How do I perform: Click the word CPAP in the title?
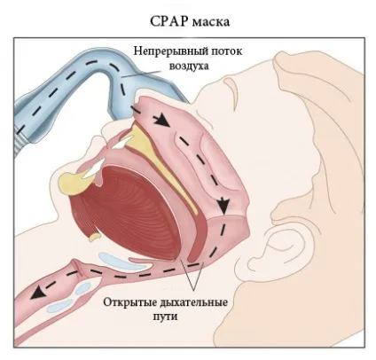[x=168, y=21]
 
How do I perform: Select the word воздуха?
[x=189, y=66]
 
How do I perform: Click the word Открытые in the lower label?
[x=129, y=302]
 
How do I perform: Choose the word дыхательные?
[x=194, y=303]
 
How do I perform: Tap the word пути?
[x=165, y=317]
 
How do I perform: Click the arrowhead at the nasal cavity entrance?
[x=162, y=120]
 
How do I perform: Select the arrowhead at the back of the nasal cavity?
[x=223, y=206]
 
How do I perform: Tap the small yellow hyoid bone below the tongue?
[x=95, y=237]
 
